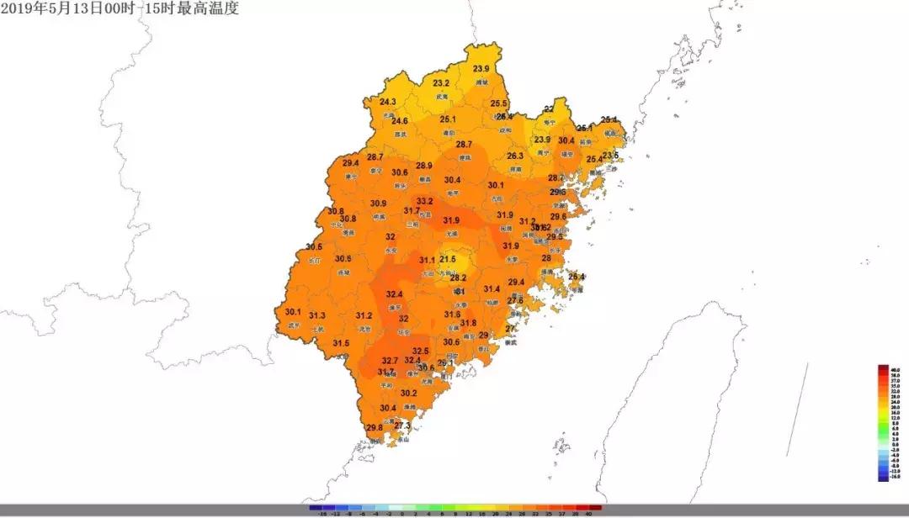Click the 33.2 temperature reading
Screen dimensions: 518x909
point(424,202)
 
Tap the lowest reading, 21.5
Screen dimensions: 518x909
point(448,260)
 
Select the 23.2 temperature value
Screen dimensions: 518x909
point(441,83)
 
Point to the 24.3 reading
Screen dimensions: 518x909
point(387,102)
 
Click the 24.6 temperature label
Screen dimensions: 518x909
point(400,121)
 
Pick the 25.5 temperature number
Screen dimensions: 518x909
point(499,103)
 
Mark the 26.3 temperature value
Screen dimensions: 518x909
point(515,156)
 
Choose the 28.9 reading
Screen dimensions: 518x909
point(424,166)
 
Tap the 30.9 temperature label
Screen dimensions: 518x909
point(379,203)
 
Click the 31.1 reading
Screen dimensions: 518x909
point(427,261)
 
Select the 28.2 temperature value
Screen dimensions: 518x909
point(458,278)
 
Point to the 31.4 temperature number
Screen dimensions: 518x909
point(492,289)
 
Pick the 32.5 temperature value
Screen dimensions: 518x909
point(421,351)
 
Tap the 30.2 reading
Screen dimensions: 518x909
point(409,394)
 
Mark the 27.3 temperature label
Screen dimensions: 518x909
point(402,426)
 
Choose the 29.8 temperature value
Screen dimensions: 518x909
point(375,428)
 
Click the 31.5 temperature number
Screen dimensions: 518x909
point(341,343)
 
